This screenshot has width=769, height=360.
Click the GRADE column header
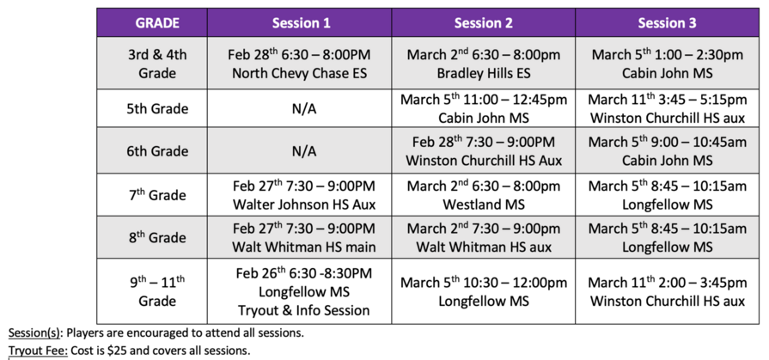[x=157, y=23]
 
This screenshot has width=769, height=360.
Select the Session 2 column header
[x=483, y=23]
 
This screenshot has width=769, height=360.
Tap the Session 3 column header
[x=667, y=23]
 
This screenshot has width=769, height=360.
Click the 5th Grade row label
[x=157, y=108]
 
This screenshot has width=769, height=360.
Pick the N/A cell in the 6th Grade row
[x=304, y=151]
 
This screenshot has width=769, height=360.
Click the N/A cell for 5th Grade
[x=304, y=108]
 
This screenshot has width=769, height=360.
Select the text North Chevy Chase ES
[x=299, y=73]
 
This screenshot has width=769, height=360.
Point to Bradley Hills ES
[x=484, y=73]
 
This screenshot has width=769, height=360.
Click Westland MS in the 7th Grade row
[x=484, y=204]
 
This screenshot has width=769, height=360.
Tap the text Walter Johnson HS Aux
[x=304, y=204]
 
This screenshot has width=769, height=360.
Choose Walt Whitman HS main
[x=304, y=247]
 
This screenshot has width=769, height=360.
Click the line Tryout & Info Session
[x=304, y=310]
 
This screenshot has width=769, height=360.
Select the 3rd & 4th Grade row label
[x=157, y=64]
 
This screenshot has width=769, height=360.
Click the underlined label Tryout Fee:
[x=38, y=351]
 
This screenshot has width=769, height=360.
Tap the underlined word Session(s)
[x=34, y=333]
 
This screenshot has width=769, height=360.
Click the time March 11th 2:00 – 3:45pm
[x=667, y=282]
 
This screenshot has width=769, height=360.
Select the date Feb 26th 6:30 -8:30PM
[x=304, y=272]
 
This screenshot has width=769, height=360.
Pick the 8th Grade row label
[x=157, y=237]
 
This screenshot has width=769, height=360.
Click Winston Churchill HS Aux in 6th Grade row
[x=484, y=161]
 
